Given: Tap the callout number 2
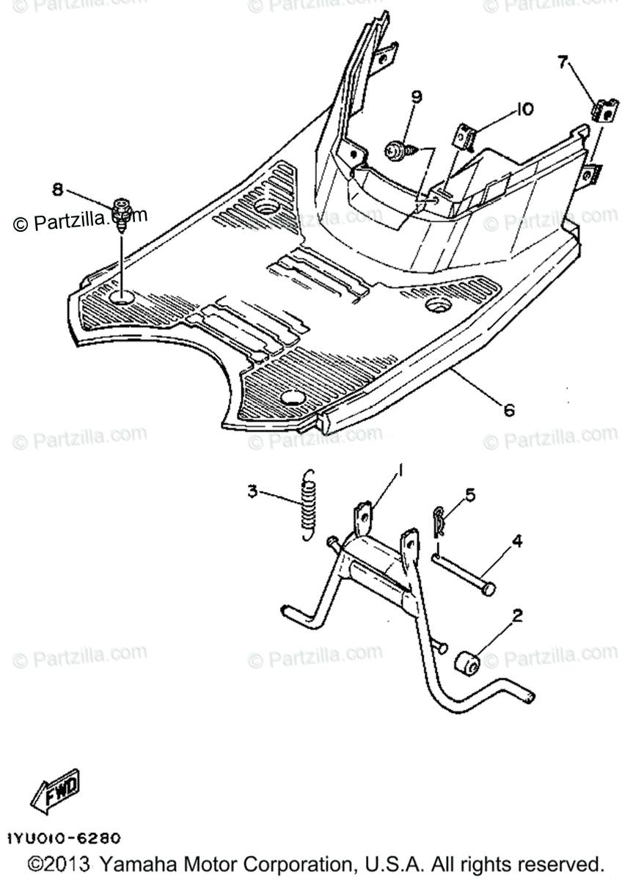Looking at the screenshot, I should click(517, 616).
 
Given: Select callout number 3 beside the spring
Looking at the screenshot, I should click(252, 491).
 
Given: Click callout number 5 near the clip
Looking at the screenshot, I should click(469, 494).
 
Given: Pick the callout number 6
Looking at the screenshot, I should click(508, 411).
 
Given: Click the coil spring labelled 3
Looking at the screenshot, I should click(310, 507).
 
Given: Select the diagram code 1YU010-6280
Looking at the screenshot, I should click(64, 837).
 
